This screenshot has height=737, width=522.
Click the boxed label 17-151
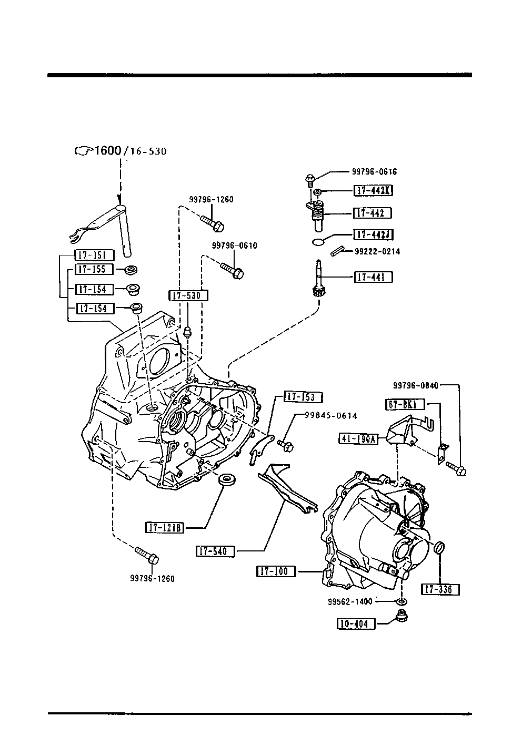tap(94, 255)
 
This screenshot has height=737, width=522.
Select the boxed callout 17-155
tap(94, 269)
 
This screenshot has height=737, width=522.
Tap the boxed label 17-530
tap(188, 295)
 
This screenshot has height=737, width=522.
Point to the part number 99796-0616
tap(374, 171)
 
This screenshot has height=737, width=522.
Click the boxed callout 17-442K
tap(373, 191)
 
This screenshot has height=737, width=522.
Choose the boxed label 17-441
tap(373, 277)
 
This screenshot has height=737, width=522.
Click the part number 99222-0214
tap(377, 251)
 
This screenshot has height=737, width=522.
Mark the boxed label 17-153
tap(303, 397)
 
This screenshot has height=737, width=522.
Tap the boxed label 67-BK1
tap(405, 404)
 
